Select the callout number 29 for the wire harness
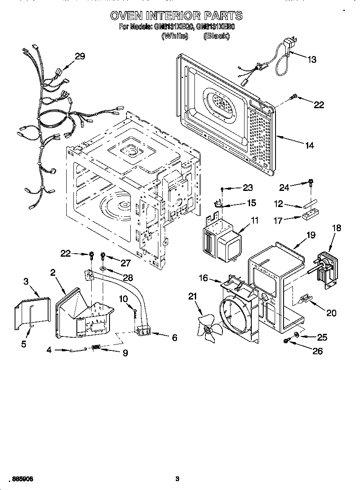coord(80,56)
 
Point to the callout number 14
coord(309,146)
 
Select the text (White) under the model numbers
coord(174,36)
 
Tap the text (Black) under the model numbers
coord(217,36)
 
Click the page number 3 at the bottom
coord(177,479)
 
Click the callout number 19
coord(311,235)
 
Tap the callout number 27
coord(125,263)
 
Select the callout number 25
coord(322,337)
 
